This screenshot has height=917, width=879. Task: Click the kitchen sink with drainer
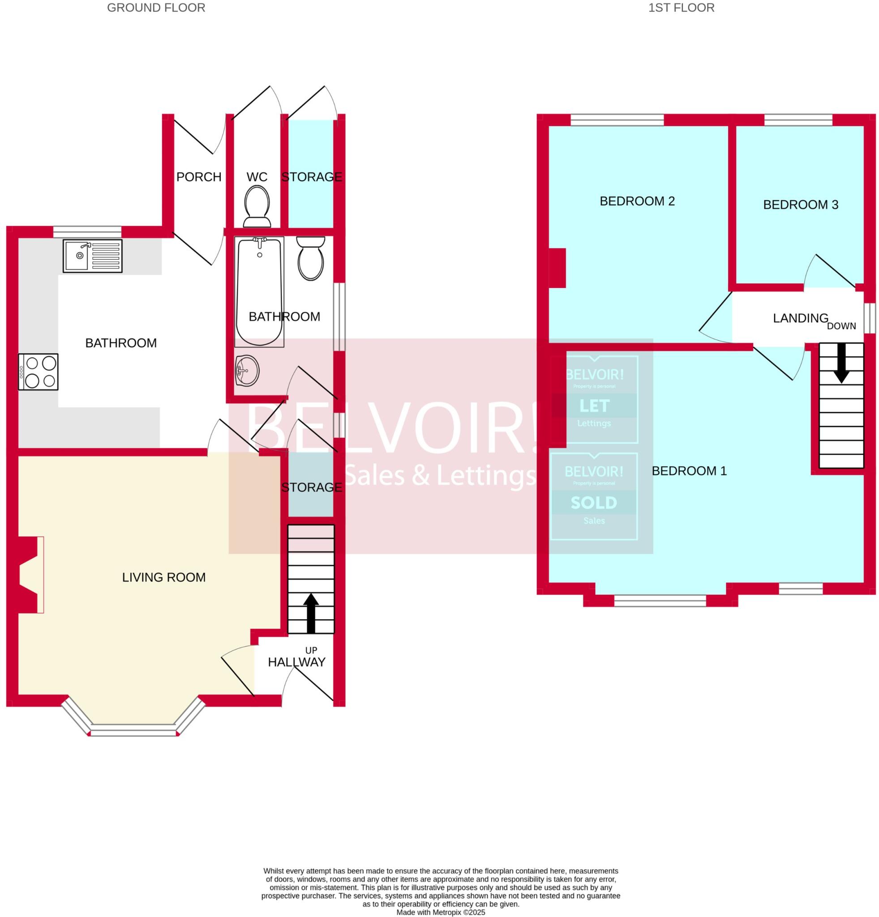coord(93,256)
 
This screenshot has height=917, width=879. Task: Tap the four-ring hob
coord(39,372)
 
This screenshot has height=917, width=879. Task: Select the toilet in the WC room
coord(257,206)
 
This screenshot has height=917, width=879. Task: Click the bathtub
coord(259,291)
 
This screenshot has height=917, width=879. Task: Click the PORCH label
coord(199,177)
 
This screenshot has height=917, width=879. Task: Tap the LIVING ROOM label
coord(164,577)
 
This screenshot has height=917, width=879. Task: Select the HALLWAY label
coord(296,662)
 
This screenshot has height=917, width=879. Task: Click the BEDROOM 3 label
coord(800,205)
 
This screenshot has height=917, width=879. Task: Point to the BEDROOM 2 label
coord(637,201)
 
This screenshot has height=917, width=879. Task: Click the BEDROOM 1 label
coord(689,471)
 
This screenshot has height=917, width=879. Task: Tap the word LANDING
coord(800,318)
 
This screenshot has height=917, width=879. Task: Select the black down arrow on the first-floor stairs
coord(841,363)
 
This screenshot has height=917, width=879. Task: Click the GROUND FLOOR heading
coord(156,8)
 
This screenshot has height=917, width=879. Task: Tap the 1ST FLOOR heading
coord(681,8)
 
